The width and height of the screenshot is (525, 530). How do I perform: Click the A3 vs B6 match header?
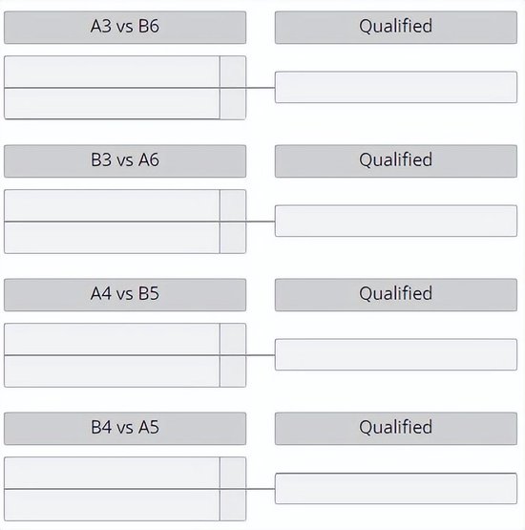pos(125,28)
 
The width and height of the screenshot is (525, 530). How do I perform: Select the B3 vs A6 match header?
pos(125,161)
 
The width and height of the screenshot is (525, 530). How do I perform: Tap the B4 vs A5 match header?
pos(125,428)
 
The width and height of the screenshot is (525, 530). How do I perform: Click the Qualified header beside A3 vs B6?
pos(396,28)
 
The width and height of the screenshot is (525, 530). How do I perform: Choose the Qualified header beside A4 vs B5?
pos(396,295)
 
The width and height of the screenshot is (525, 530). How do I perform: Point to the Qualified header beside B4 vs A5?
pos(396,428)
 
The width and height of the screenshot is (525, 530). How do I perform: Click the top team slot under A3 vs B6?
pos(112,72)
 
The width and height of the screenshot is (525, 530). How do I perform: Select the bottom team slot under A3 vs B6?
pos(112,103)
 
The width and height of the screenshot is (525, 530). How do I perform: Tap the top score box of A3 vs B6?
pos(233,72)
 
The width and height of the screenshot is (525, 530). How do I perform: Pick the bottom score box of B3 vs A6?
pos(233,237)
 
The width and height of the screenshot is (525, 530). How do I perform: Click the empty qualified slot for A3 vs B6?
pos(396,87)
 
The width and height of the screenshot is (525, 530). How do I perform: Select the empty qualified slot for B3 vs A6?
pos(396,221)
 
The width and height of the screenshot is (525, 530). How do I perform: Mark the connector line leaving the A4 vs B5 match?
pos(261,355)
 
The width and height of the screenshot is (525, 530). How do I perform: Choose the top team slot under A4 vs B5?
pos(112,339)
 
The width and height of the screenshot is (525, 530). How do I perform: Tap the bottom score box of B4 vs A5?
pos(233,504)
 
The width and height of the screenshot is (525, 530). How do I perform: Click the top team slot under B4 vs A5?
pos(112,473)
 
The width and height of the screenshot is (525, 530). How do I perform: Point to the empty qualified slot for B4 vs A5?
pos(396,488)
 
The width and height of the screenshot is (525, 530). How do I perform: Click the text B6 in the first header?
pos(149,26)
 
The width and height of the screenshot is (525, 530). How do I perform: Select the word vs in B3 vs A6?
pos(125,160)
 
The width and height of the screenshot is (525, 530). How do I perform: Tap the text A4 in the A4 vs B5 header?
pos(101,293)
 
